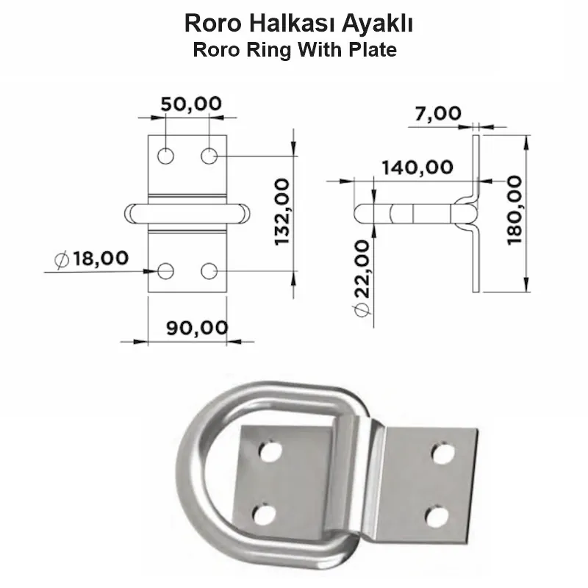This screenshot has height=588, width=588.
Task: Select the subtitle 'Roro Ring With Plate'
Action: coord(294,51)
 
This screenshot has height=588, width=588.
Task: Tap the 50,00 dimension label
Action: coord(191,104)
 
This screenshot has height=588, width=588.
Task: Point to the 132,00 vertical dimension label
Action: coord(282,213)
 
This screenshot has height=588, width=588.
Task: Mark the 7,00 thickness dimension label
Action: coord(438,113)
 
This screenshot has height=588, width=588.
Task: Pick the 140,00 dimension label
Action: coord(417,167)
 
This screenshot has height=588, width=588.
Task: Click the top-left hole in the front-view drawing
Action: coord(166,156)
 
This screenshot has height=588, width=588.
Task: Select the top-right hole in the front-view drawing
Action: coord(209,156)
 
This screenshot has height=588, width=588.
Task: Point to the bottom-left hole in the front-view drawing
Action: coord(166,270)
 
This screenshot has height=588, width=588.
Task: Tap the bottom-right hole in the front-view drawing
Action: coord(209,270)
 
